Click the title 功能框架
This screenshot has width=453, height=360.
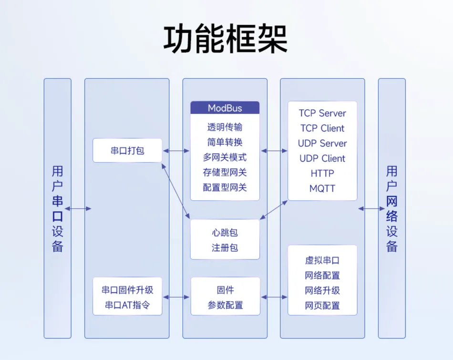pyautogui.click(x=226, y=39)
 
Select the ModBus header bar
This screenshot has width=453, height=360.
pyautogui.click(x=225, y=108)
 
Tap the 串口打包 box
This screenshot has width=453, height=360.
pyautogui.click(x=127, y=151)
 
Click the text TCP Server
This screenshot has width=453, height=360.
pyautogui.click(x=322, y=113)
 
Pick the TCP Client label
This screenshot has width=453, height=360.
pyautogui.click(x=322, y=128)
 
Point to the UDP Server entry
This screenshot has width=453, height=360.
pyautogui.click(x=322, y=144)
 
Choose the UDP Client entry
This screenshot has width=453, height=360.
pyautogui.click(x=322, y=158)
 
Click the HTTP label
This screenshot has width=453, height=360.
pyautogui.click(x=322, y=174)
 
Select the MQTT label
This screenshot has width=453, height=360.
pyautogui.click(x=322, y=188)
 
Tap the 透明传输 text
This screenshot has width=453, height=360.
pyautogui.click(x=225, y=127)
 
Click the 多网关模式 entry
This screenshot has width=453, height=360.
pyautogui.click(x=225, y=157)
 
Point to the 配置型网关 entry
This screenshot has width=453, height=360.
pyautogui.click(x=225, y=187)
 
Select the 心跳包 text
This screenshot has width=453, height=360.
pyautogui.click(x=225, y=233)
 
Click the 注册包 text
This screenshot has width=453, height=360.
pyautogui.click(x=225, y=248)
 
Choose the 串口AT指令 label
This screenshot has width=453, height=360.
pyautogui.click(x=127, y=305)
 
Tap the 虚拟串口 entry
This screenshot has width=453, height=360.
pyautogui.click(x=322, y=260)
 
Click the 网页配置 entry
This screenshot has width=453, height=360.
pyautogui.click(x=322, y=306)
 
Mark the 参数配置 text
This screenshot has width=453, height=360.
pyautogui.click(x=225, y=305)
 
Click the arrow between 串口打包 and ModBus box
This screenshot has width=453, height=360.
pyautogui.click(x=176, y=151)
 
